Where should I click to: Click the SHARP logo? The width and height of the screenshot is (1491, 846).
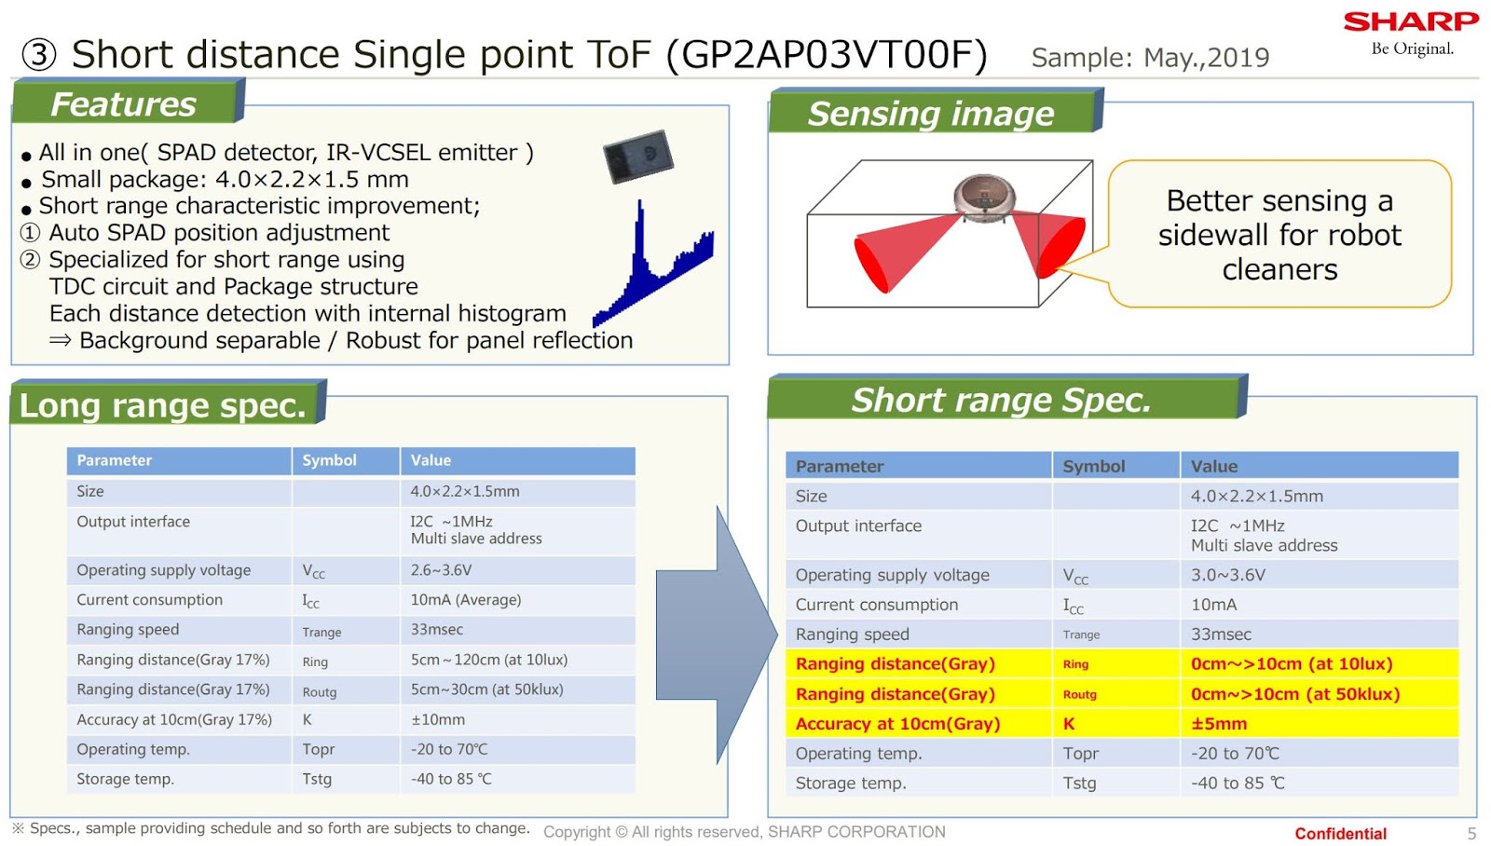click(1410, 22)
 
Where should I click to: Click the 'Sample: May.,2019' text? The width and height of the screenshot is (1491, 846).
click(1149, 58)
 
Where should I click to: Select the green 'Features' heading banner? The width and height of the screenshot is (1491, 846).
click(126, 103)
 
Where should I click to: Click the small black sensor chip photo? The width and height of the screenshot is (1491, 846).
click(638, 156)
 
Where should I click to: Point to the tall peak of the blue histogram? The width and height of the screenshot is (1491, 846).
click(640, 224)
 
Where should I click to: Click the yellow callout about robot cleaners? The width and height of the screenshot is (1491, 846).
click(1279, 234)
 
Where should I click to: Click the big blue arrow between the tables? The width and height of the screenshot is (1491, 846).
click(716, 634)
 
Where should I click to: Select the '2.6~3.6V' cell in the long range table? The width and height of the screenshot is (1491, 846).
click(441, 570)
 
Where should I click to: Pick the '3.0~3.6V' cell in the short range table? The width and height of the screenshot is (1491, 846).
click(1227, 575)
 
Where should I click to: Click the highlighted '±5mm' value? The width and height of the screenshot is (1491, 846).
click(1218, 724)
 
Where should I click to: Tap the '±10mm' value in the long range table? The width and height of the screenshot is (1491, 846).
click(437, 719)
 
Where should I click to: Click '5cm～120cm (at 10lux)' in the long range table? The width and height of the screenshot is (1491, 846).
click(488, 660)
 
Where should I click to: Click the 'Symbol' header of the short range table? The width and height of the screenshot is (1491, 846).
click(1093, 466)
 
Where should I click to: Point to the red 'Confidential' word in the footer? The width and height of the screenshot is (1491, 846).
click(1339, 833)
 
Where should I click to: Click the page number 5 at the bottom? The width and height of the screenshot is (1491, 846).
click(1471, 833)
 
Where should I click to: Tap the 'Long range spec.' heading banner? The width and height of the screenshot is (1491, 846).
click(164, 405)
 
